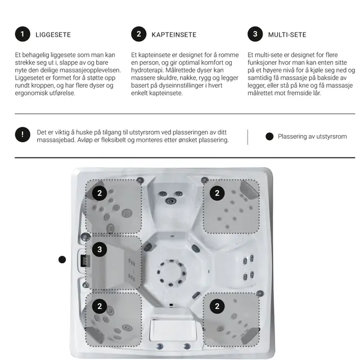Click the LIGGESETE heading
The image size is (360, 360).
pyautogui.click(x=53, y=35)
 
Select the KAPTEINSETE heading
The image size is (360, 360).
pyautogui.click(x=174, y=35)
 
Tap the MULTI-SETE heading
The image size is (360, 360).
pyautogui.click(x=287, y=35)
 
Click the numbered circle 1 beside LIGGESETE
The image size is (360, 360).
pyautogui.click(x=22, y=34)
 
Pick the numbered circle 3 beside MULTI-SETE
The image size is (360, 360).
pyautogui.click(x=255, y=34)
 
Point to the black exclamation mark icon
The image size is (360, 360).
pyautogui.click(x=22, y=134)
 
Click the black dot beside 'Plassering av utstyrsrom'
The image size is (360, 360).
pyautogui.click(x=269, y=136)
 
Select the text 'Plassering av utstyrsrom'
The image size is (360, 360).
pyautogui.click(x=312, y=136)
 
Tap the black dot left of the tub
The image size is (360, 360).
pyautogui.click(x=62, y=260)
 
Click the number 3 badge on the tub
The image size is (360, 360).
pyautogui.click(x=100, y=249)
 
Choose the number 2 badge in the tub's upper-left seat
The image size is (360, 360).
pyautogui.click(x=100, y=193)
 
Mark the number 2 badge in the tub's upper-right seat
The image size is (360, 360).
pyautogui.click(x=217, y=193)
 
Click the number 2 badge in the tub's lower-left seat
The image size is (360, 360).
pyautogui.click(x=100, y=306)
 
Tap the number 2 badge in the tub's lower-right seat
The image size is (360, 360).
pyautogui.click(x=217, y=306)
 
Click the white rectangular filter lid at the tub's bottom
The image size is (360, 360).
pyautogui.click(x=173, y=330)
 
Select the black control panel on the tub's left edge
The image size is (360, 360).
pyautogui.click(x=84, y=261)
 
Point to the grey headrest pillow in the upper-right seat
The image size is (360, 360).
pyautogui.click(x=249, y=189)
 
